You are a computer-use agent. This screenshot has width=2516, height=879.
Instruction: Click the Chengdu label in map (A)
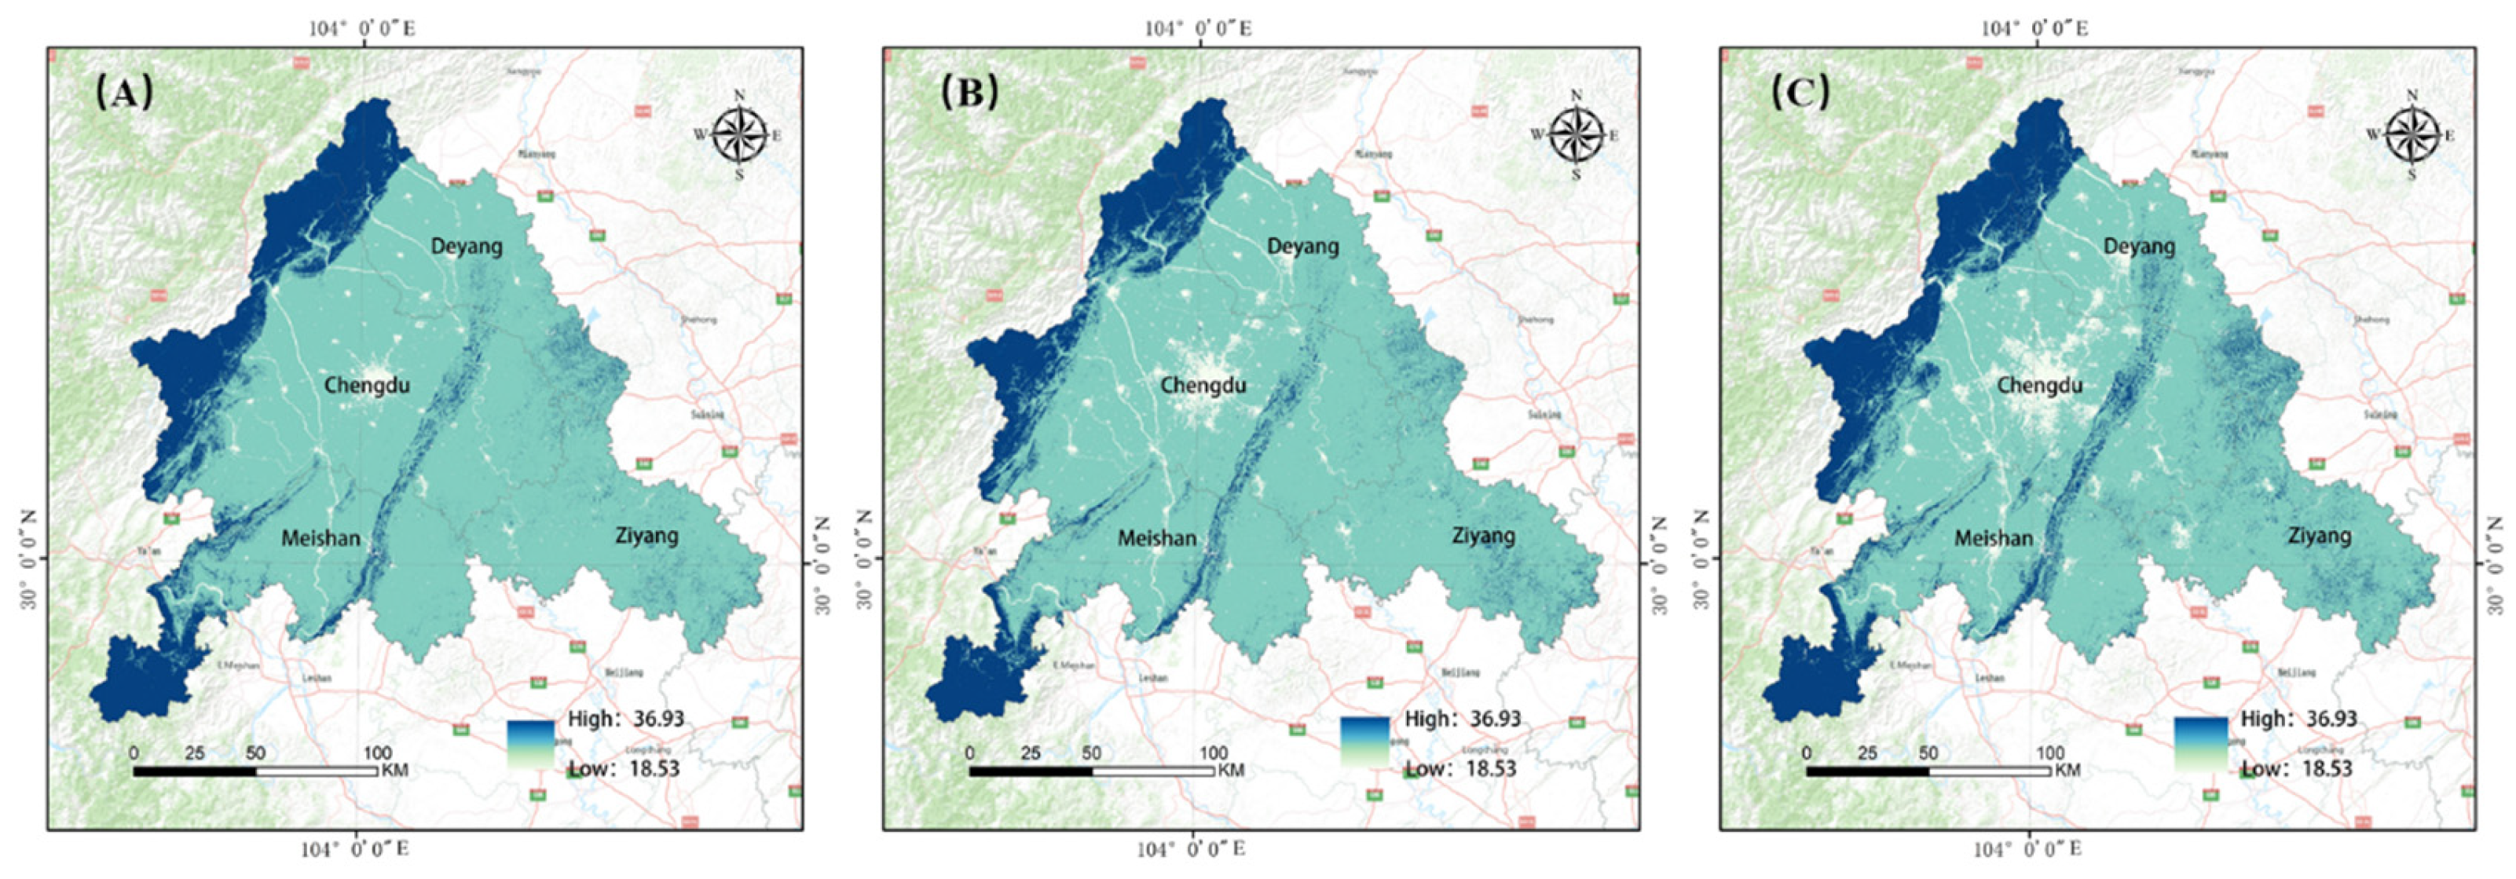tap(368, 385)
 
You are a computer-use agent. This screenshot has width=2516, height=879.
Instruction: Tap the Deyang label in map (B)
tap(1303, 246)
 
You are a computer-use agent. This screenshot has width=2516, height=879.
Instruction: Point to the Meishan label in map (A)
tap(321, 538)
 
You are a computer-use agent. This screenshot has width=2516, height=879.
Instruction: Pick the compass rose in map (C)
tap(2412, 135)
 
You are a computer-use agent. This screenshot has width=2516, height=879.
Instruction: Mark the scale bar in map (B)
tap(1091, 771)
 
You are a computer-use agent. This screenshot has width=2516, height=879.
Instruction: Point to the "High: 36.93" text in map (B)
tap(1462, 719)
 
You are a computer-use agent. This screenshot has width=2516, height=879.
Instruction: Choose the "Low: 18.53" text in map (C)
tap(2296, 769)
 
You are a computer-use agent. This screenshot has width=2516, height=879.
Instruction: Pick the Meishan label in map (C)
tap(1994, 538)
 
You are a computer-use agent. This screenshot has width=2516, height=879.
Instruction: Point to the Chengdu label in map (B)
tap(1203, 385)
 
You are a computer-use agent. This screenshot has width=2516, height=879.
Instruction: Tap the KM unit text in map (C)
tap(2067, 771)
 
